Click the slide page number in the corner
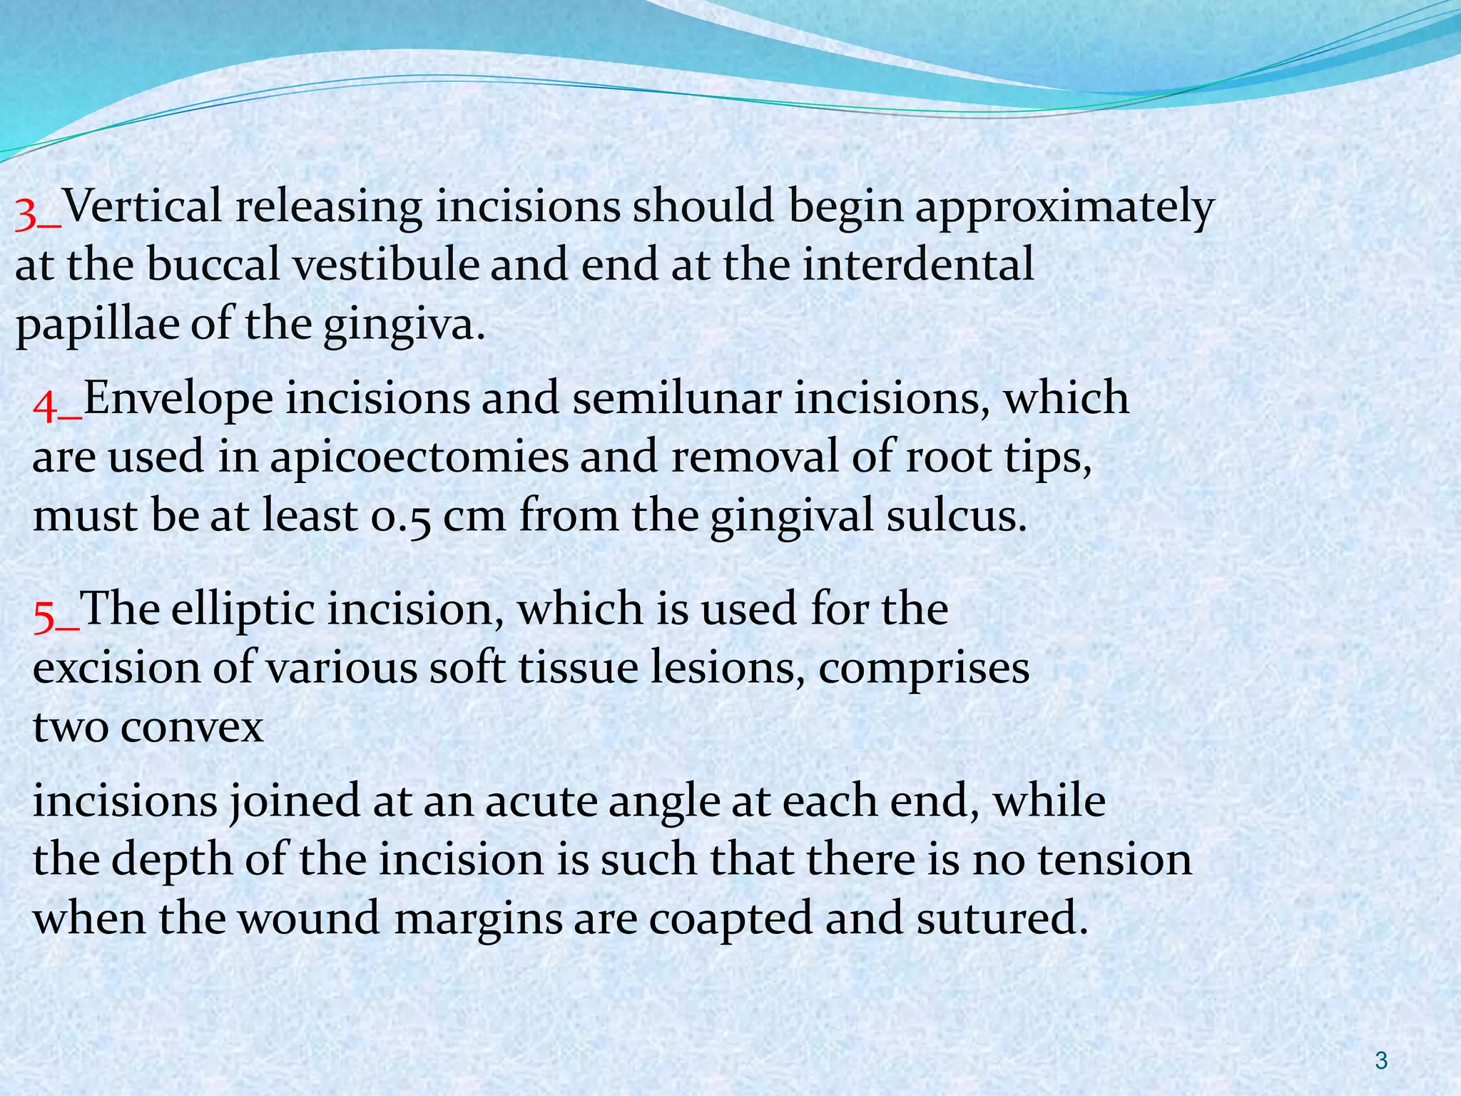point(1381,1061)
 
